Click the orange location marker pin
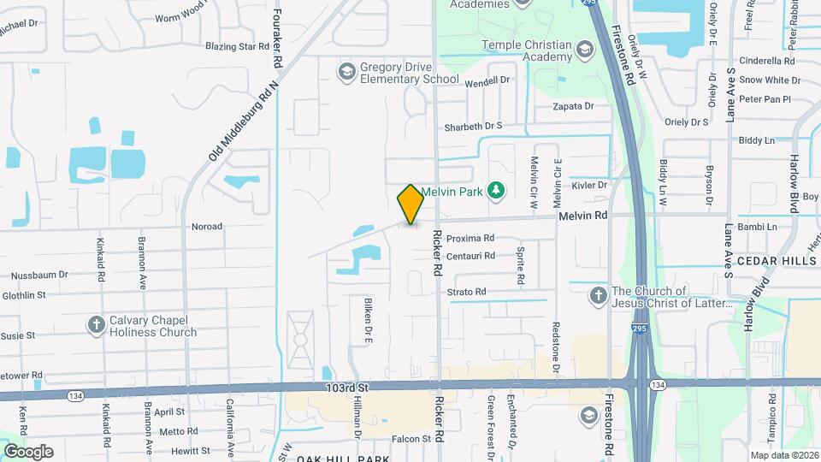(x=410, y=204)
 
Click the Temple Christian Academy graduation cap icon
(x=586, y=50)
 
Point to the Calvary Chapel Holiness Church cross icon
(x=96, y=325)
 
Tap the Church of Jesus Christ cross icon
(x=599, y=296)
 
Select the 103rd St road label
(x=346, y=388)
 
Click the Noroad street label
(x=207, y=227)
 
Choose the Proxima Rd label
(x=471, y=238)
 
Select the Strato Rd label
(x=467, y=292)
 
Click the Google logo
(x=28, y=451)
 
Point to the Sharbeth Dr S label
(x=473, y=127)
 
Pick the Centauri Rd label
(x=471, y=255)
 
